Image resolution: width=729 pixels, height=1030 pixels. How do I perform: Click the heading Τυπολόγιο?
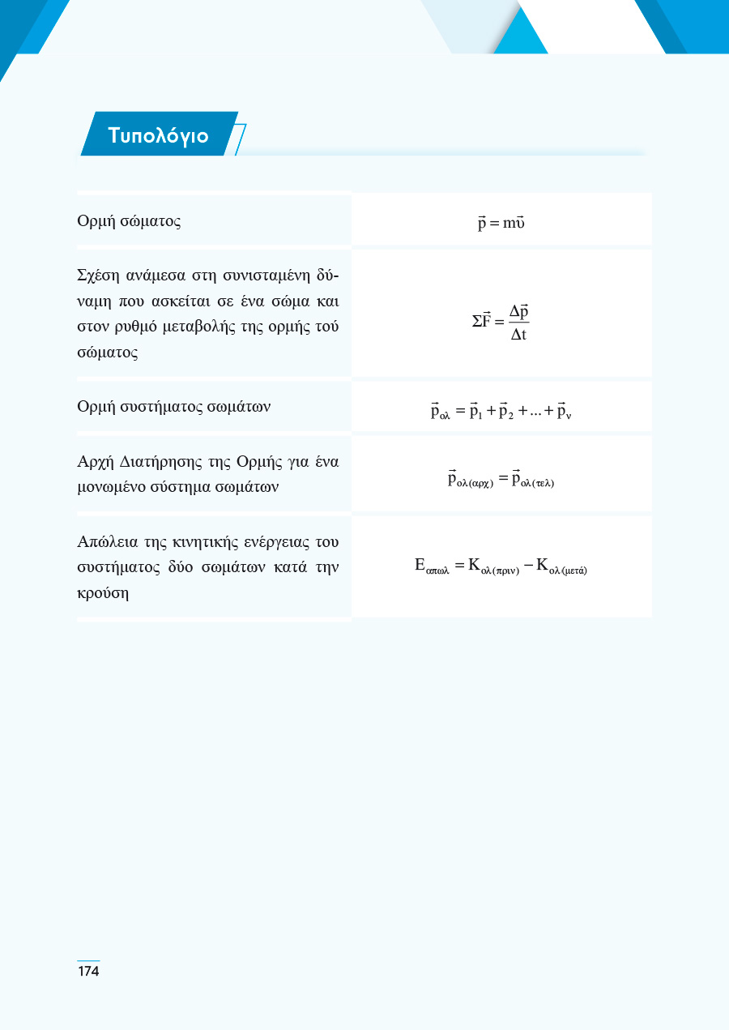click(x=158, y=135)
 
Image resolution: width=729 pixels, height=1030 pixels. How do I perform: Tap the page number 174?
click(x=88, y=971)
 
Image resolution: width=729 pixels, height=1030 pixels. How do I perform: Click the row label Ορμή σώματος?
click(x=129, y=221)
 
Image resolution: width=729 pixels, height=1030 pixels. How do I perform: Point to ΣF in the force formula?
click(x=483, y=322)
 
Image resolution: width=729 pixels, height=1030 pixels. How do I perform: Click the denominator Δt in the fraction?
click(x=518, y=335)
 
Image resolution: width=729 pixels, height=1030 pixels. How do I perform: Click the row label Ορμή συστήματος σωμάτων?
click(x=174, y=406)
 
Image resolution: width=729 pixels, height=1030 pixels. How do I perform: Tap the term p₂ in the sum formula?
click(x=507, y=412)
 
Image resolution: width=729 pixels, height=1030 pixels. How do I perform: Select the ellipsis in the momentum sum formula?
click(x=532, y=413)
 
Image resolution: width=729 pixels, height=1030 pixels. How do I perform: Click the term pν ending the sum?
click(x=565, y=412)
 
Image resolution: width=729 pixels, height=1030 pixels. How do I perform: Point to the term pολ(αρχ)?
click(x=470, y=480)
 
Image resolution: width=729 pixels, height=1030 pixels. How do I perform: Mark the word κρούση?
click(x=104, y=592)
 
